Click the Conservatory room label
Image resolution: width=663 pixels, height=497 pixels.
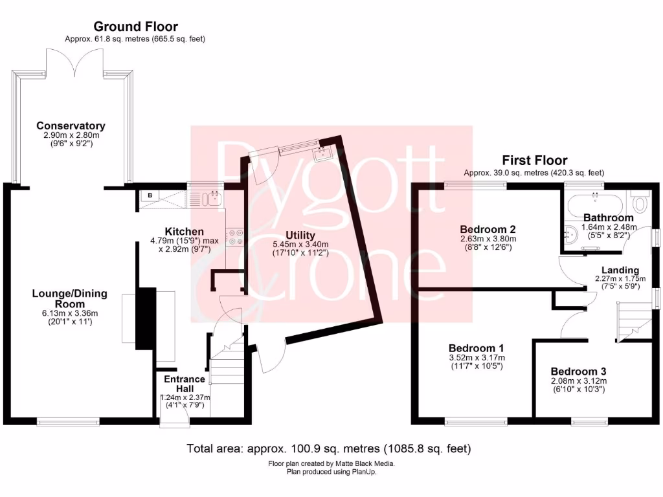[x=71, y=126]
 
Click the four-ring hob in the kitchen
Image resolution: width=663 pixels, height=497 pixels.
[x=234, y=237]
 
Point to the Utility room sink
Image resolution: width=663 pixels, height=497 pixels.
[x=321, y=153]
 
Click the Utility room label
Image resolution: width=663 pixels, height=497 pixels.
[x=300, y=235]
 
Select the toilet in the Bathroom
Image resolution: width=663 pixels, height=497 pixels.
[x=641, y=203]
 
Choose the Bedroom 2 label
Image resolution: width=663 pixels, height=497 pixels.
[x=488, y=229]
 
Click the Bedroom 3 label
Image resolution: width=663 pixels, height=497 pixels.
[x=578, y=371]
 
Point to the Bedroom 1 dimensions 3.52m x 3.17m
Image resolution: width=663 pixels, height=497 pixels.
[x=477, y=357]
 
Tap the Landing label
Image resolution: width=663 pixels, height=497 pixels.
[x=620, y=270]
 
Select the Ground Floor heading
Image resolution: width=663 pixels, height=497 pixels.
[x=135, y=27]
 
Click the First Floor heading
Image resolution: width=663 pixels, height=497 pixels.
[x=535, y=160]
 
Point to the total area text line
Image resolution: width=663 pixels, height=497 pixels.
[x=329, y=448]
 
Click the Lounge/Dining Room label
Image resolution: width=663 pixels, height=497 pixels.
[x=70, y=298]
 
